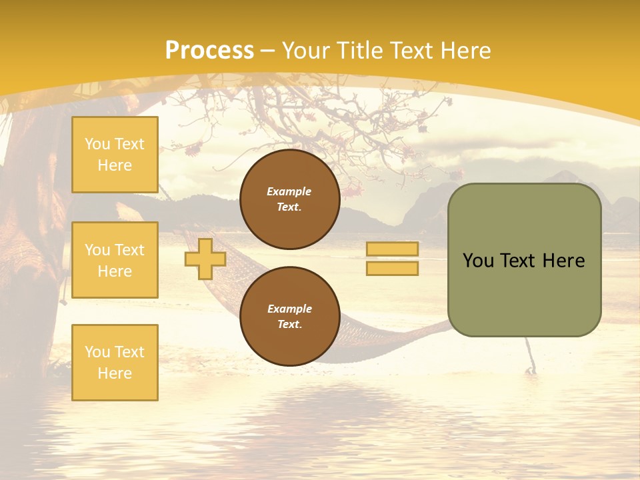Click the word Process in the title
(x=209, y=50)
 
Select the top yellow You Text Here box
(x=115, y=155)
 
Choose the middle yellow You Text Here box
(x=115, y=260)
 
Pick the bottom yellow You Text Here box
(x=115, y=362)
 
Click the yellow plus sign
(x=205, y=259)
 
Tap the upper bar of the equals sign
(x=392, y=249)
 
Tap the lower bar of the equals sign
(x=392, y=268)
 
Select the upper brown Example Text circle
(x=289, y=199)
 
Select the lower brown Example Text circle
(x=289, y=316)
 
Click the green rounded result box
(x=524, y=260)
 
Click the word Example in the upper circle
(x=289, y=191)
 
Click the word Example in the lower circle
(x=289, y=309)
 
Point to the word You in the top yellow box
(x=97, y=144)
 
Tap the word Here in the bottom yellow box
(x=115, y=373)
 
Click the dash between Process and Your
(x=268, y=51)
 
